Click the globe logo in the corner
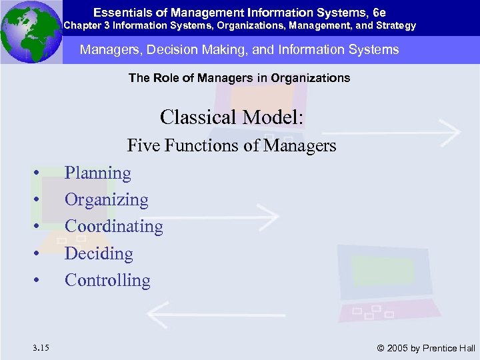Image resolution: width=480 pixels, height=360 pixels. tap(31, 31)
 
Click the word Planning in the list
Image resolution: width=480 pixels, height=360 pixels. tap(98, 173)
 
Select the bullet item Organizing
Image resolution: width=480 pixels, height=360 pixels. tap(107, 200)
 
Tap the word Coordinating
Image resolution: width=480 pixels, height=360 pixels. tap(114, 227)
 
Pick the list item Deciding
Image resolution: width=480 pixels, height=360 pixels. tap(99, 254)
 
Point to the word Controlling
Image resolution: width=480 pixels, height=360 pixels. tap(107, 281)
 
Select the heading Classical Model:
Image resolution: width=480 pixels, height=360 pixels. tap(232, 117)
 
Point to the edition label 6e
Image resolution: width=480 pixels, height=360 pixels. tap(380, 12)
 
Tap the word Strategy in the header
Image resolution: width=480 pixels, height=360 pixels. tap(396, 26)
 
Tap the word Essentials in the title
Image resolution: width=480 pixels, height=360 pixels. tap(117, 12)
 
